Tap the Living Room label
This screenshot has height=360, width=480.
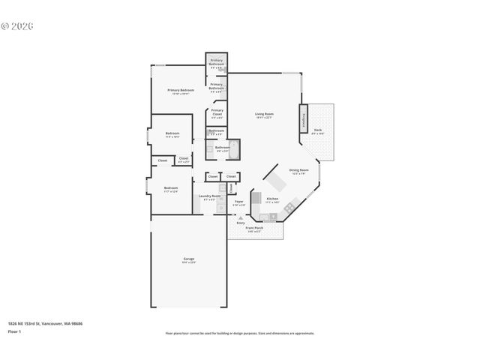coord(263,115)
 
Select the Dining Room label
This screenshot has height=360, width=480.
coord(298,171)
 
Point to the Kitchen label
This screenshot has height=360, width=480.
coord(271,200)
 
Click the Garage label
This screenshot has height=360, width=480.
coord(188,259)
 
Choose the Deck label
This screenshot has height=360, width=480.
coord(318,130)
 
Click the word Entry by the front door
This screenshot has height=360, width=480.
coord(241,223)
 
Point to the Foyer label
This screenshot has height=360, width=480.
coord(238,202)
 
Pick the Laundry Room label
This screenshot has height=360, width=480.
coord(209,198)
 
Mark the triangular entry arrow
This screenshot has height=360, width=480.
coord(240,217)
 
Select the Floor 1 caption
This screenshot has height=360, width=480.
coord(14,331)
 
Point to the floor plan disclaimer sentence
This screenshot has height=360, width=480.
coord(239,333)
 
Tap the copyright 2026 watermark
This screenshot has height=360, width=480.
coord(17,25)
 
